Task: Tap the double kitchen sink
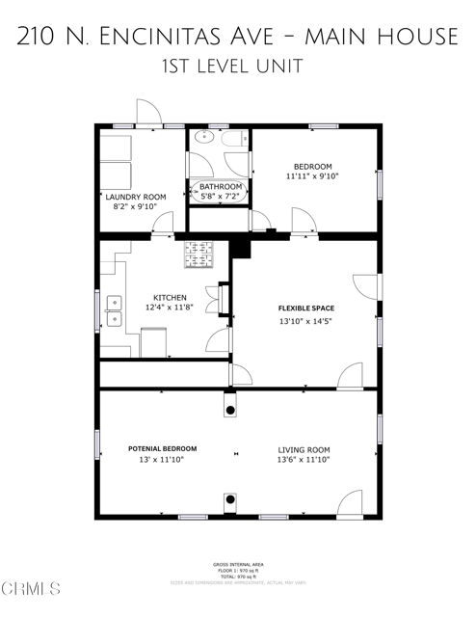(x=114, y=309)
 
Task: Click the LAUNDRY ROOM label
(x=136, y=197)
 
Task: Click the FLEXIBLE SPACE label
(x=306, y=308)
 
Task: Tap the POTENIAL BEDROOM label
(x=162, y=449)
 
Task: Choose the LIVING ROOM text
(x=304, y=449)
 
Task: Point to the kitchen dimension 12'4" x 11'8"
(x=163, y=308)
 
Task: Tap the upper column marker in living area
(x=230, y=411)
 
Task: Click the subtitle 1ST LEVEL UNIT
(x=238, y=67)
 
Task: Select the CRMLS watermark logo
(x=31, y=587)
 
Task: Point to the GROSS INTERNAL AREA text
(x=238, y=564)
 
